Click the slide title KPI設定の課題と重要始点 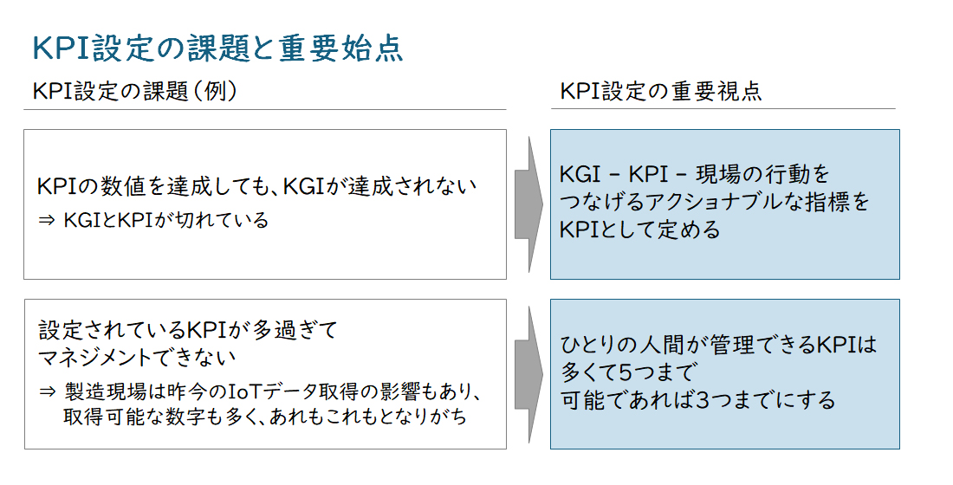[217, 48]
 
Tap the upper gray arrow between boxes [528, 204]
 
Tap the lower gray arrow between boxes [528, 374]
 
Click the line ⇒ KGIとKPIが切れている [153, 219]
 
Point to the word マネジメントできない [137, 357]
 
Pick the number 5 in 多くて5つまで [626, 372]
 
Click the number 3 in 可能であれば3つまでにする [703, 400]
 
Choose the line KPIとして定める [640, 230]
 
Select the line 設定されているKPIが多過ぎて [188, 330]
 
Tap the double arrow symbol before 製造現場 [47, 392]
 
